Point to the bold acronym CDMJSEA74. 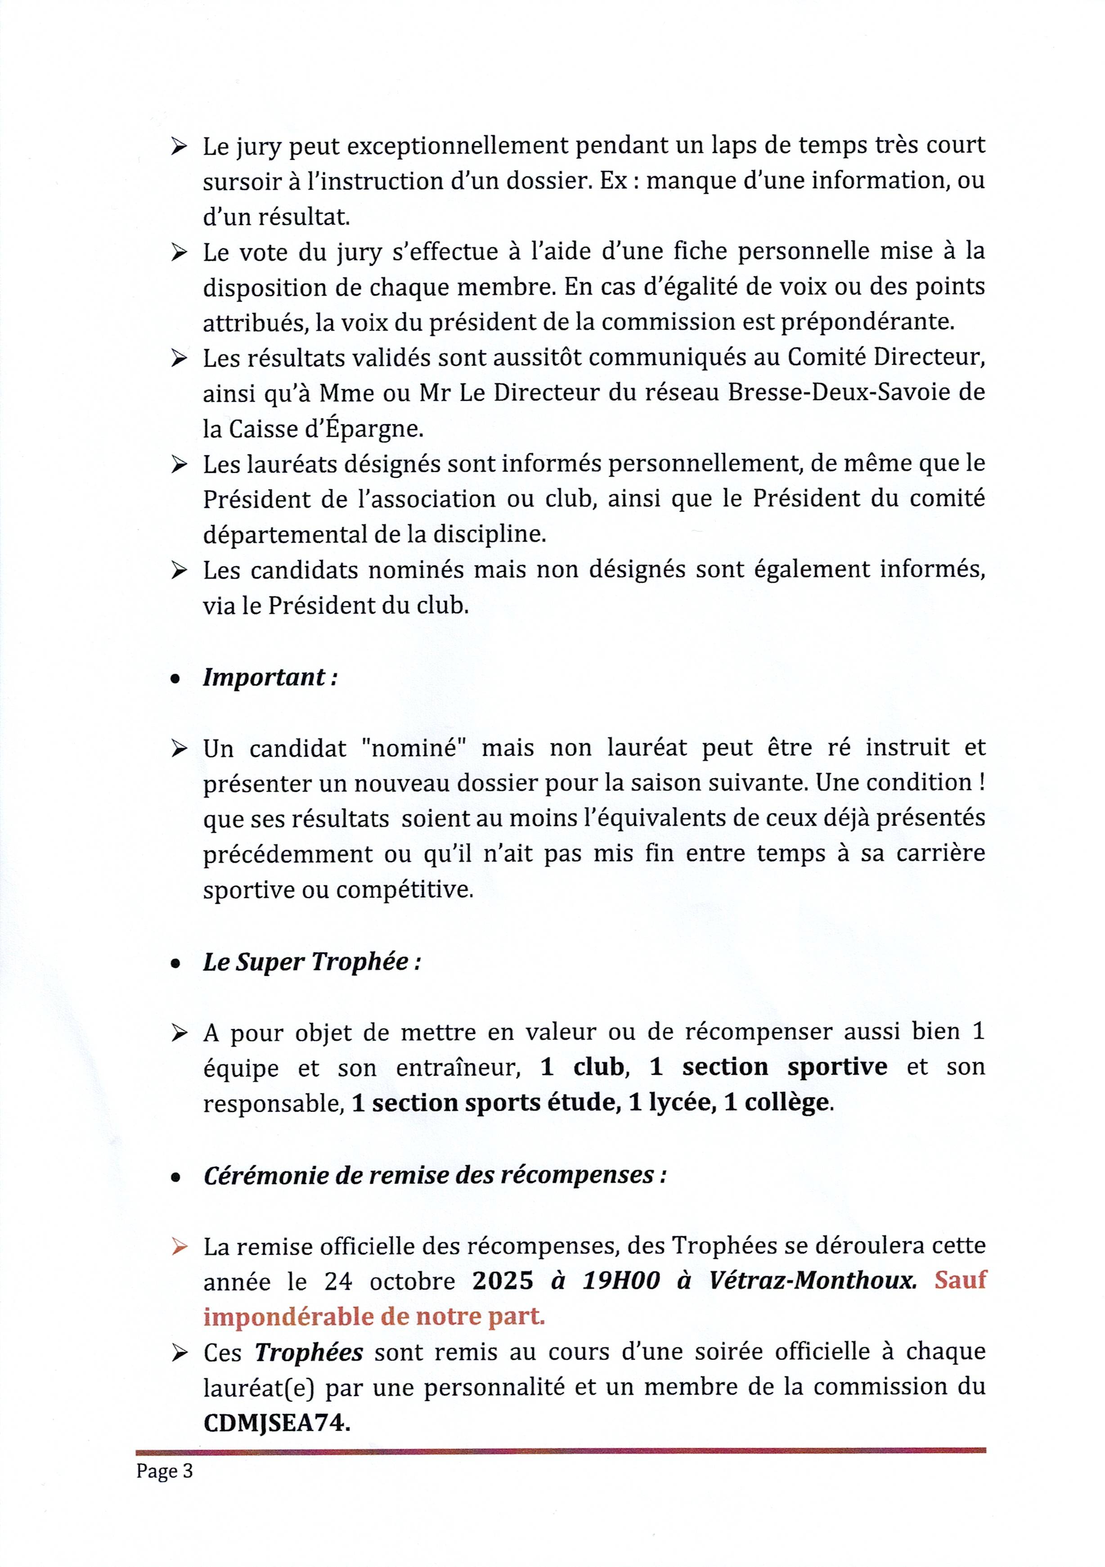276,1422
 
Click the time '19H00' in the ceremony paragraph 621,1280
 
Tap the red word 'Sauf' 960,1280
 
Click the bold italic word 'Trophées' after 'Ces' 309,1352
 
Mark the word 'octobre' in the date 412,1281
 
